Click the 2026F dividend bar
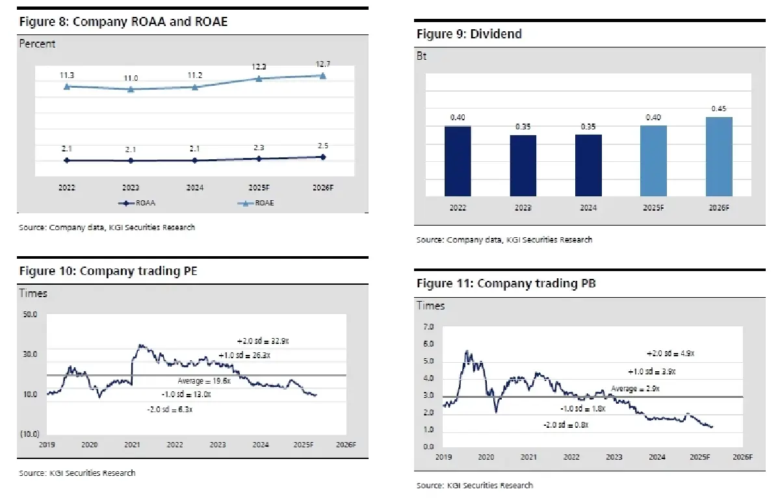coord(719,156)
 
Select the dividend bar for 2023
coord(523,165)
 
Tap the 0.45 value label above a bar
coord(719,109)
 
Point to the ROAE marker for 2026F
coord(323,75)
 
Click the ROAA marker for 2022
coord(66,160)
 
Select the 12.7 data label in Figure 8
coord(323,63)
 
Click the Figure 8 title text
coord(123,21)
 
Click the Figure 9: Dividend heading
coord(469,33)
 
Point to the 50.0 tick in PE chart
coord(31,315)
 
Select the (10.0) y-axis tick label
coord(29,434)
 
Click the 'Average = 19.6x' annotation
coord(204,381)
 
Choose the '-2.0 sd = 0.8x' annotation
coord(565,424)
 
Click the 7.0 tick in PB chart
coord(428,326)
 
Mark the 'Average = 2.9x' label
coord(635,388)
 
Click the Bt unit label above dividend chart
coord(422,57)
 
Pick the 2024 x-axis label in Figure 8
coord(195,187)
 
